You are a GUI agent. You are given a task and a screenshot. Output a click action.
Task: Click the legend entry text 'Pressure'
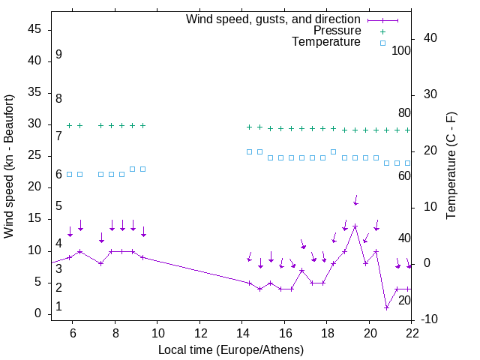(x=337, y=31)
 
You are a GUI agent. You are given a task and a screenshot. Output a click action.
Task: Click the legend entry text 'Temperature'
(x=326, y=42)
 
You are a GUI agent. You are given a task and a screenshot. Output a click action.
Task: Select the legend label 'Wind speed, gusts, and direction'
(x=274, y=19)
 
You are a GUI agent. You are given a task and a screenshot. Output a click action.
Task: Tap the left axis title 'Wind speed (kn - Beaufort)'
(x=9, y=166)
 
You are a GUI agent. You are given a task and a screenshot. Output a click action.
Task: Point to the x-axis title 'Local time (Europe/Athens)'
(x=231, y=350)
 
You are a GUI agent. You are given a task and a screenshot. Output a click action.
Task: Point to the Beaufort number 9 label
(x=58, y=55)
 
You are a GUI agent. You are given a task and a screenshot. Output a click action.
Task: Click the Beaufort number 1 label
(x=58, y=307)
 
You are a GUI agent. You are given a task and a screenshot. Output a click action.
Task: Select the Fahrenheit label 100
(x=401, y=51)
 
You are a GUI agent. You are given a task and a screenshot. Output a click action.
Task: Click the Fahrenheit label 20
(x=404, y=301)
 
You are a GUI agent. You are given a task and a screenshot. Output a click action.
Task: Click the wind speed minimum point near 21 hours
(x=386, y=307)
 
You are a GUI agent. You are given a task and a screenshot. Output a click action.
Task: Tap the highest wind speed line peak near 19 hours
(x=355, y=226)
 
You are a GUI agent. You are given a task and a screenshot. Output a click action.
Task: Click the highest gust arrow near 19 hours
(x=355, y=199)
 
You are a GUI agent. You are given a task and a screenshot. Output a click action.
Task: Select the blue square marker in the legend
(x=382, y=43)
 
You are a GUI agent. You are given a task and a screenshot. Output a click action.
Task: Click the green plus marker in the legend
(x=382, y=31)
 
